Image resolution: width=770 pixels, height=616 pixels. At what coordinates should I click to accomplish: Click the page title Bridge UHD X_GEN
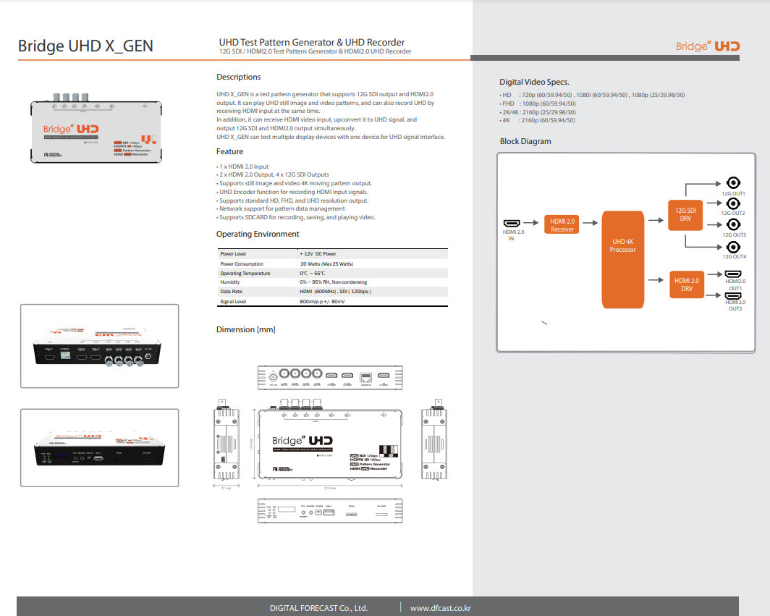85,46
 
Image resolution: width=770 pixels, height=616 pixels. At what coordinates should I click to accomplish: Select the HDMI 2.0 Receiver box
562,225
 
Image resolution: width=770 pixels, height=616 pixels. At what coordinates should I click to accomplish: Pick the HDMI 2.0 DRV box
686,284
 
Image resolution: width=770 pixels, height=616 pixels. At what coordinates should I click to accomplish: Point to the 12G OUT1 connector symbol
732,183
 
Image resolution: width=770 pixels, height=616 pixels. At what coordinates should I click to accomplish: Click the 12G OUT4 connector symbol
732,247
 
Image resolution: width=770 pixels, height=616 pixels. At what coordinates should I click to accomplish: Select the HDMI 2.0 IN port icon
512,223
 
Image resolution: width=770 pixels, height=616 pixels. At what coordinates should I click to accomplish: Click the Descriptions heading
239,77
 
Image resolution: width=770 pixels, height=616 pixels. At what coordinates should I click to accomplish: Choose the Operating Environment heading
258,234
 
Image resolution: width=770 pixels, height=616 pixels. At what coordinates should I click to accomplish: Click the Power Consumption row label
242,264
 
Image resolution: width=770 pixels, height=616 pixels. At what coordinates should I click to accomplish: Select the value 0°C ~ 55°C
313,274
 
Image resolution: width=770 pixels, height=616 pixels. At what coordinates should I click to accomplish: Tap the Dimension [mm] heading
246,329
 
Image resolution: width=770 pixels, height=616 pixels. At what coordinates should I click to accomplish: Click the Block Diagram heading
525,141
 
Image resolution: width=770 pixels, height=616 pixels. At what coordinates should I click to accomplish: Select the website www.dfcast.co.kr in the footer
441,608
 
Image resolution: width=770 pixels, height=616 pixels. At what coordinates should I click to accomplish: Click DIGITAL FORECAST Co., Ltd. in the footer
318,608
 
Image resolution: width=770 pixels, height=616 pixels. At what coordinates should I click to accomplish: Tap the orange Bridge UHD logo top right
708,46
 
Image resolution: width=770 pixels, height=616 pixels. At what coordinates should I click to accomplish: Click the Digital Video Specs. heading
534,82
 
